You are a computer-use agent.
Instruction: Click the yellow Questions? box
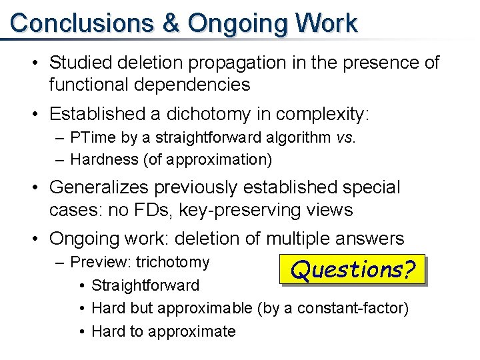click(353, 269)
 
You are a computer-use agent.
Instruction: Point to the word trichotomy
click(173, 262)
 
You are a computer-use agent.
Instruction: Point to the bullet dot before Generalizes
click(35, 187)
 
